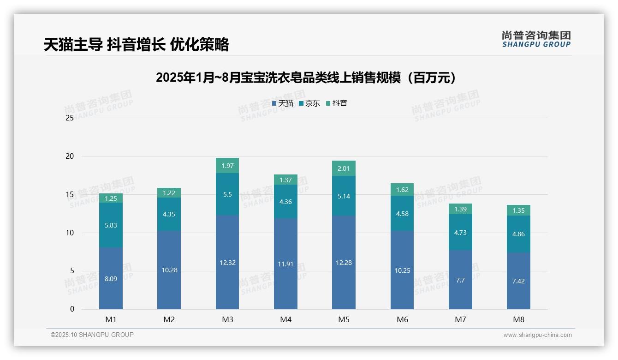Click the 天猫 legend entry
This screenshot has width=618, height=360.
pyautogui.click(x=283, y=103)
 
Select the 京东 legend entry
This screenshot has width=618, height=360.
pyautogui.click(x=309, y=103)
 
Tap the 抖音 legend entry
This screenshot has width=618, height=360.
pyautogui.click(x=337, y=103)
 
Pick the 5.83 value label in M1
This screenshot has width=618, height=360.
pyautogui.click(x=111, y=225)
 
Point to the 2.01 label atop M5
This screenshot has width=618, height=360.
pyautogui.click(x=344, y=168)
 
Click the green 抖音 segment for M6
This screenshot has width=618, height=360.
pyautogui.click(x=402, y=190)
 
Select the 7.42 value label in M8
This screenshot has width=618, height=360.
pyautogui.click(x=518, y=281)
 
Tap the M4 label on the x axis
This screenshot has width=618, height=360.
pyautogui.click(x=285, y=319)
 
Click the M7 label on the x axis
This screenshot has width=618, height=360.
pyautogui.click(x=460, y=319)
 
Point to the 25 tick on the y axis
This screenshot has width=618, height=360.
pyautogui.click(x=70, y=118)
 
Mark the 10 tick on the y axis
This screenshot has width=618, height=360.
pyautogui.click(x=70, y=233)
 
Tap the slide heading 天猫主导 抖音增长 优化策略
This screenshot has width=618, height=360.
pyautogui.click(x=137, y=44)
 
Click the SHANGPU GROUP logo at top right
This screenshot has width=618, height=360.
pyautogui.click(x=536, y=39)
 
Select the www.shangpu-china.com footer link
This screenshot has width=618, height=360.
pyautogui.click(x=537, y=335)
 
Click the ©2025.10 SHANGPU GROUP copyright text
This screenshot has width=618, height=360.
pyautogui.click(x=92, y=335)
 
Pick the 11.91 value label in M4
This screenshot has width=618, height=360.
pyautogui.click(x=285, y=264)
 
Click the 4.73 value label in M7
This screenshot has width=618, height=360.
pyautogui.click(x=460, y=233)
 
